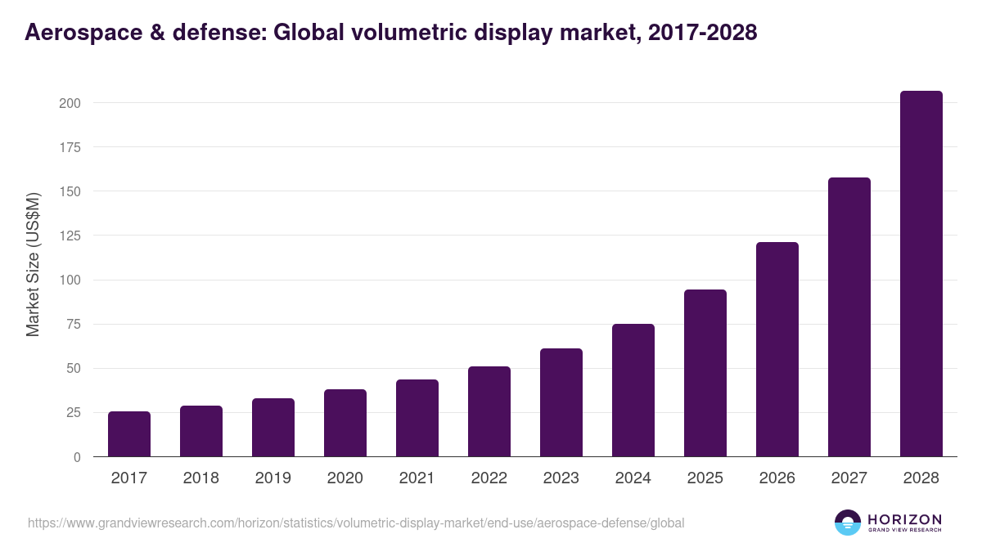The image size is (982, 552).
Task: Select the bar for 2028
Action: (921, 274)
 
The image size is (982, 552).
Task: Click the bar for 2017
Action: (129, 434)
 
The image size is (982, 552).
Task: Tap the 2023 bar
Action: (561, 402)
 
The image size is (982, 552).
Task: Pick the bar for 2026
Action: (777, 349)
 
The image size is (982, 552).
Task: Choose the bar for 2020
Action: (345, 423)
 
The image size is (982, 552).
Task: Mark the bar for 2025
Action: (705, 373)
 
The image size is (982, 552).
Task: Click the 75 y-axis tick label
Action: (73, 324)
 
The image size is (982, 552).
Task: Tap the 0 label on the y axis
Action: (77, 457)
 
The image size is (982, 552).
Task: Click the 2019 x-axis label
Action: (273, 478)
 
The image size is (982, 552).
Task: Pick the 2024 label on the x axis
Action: (633, 478)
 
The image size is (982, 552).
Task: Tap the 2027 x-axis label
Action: (849, 478)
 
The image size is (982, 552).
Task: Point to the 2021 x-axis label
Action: (417, 478)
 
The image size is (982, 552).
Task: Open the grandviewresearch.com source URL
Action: (356, 523)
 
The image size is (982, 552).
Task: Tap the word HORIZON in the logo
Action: (904, 519)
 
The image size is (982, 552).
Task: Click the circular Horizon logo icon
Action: (848, 523)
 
